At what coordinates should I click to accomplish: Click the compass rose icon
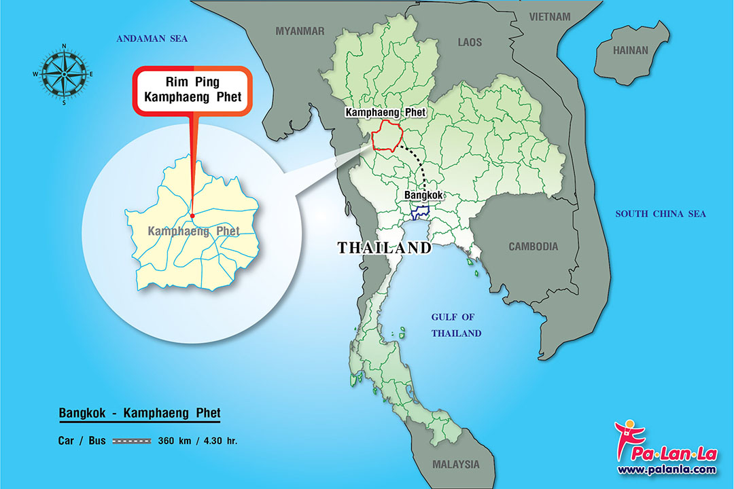(64, 74)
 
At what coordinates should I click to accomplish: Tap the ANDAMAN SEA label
(152, 39)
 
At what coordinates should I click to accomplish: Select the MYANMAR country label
(300, 31)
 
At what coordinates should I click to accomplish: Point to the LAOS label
(470, 42)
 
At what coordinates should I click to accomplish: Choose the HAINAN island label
(631, 50)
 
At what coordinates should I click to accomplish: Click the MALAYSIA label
(455, 465)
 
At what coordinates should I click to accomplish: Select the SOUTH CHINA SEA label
(661, 214)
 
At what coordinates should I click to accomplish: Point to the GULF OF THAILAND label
(456, 325)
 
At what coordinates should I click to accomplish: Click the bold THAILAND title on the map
(385, 248)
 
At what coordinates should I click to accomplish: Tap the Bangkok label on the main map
(423, 195)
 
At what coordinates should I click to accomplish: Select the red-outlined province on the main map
(387, 137)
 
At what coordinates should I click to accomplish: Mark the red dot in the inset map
(192, 216)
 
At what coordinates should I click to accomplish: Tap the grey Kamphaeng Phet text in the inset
(193, 231)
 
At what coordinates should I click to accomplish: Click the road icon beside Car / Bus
(131, 441)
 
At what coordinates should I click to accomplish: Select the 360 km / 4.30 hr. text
(198, 441)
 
